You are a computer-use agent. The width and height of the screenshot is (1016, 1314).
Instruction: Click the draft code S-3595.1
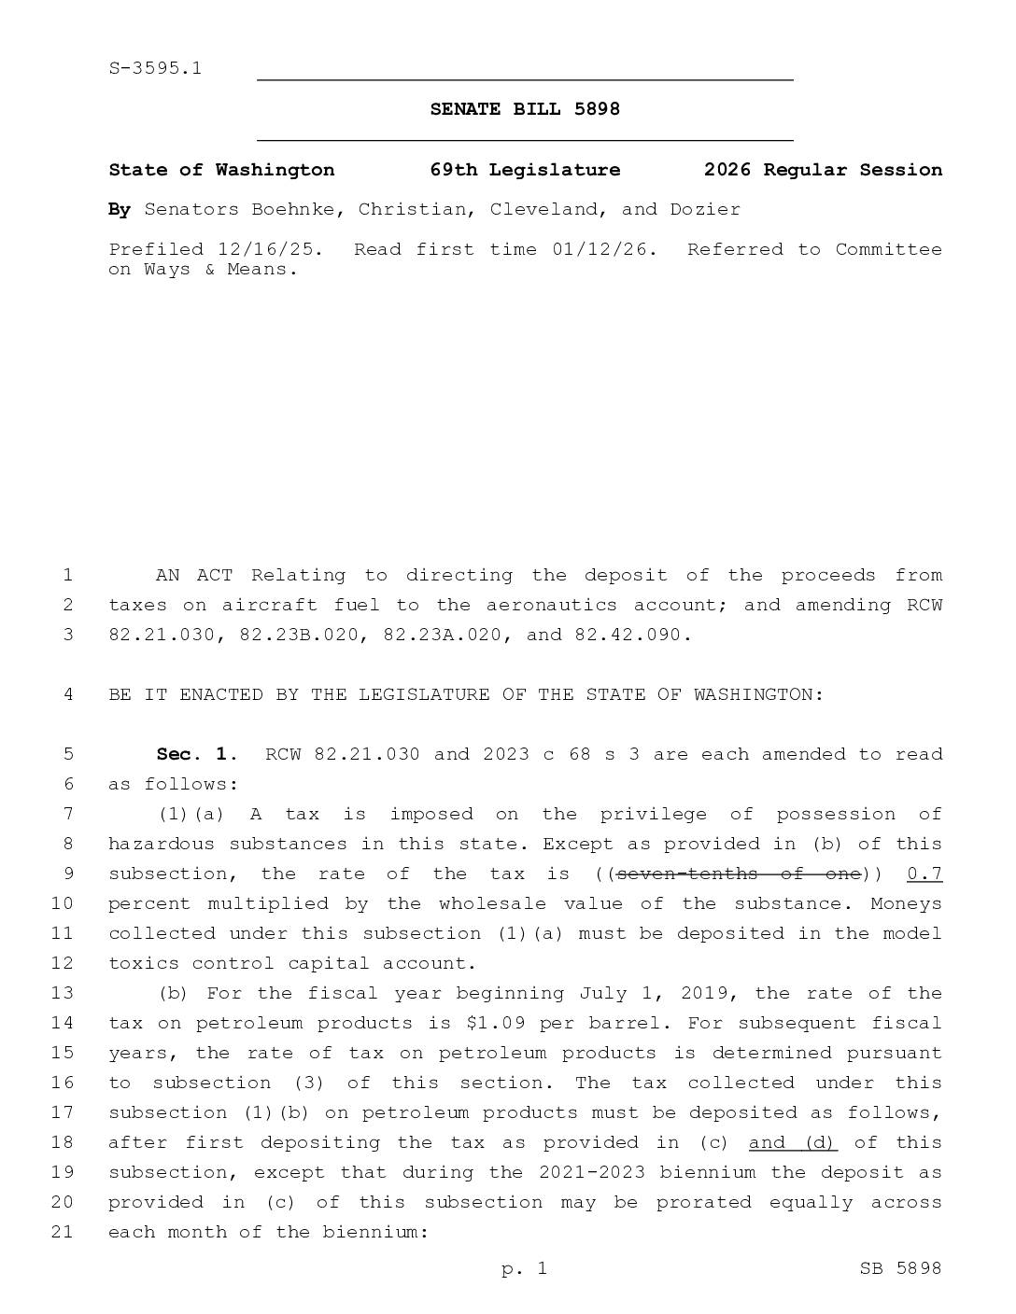(x=155, y=68)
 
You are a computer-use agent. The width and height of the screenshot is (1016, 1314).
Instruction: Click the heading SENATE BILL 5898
(x=525, y=109)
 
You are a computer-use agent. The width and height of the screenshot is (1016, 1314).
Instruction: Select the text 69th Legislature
(x=525, y=170)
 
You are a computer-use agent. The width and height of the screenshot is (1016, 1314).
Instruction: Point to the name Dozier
(x=705, y=209)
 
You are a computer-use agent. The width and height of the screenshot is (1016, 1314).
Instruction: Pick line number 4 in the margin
(x=67, y=694)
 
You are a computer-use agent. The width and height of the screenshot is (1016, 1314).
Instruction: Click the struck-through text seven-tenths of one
(x=738, y=874)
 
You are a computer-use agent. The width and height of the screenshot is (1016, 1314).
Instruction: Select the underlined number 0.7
(x=924, y=874)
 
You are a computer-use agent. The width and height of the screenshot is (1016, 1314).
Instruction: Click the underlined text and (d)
(x=792, y=1142)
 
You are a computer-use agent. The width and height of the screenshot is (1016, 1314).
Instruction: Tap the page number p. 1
(x=524, y=1268)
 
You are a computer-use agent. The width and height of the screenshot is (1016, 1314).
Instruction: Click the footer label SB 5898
(x=900, y=1268)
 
